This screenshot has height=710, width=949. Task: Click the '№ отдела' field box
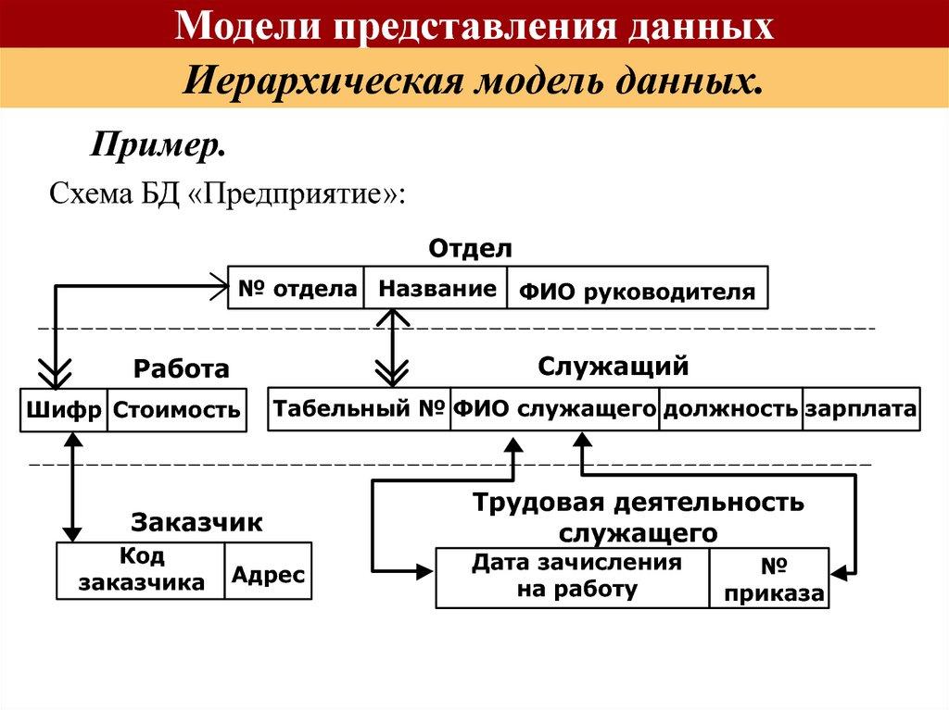[297, 289]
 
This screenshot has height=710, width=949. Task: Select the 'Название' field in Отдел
[437, 289]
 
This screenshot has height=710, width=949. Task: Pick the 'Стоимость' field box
[177, 410]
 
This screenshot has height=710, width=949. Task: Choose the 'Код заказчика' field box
[141, 569]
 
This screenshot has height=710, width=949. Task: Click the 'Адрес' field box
[268, 574]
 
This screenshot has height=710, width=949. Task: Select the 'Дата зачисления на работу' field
[576, 576]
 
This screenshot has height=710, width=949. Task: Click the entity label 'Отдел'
[470, 249]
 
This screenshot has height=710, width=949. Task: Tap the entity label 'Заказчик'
[196, 522]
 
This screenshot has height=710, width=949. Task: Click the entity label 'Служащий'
[614, 367]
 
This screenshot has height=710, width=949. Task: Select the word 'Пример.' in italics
[158, 145]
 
